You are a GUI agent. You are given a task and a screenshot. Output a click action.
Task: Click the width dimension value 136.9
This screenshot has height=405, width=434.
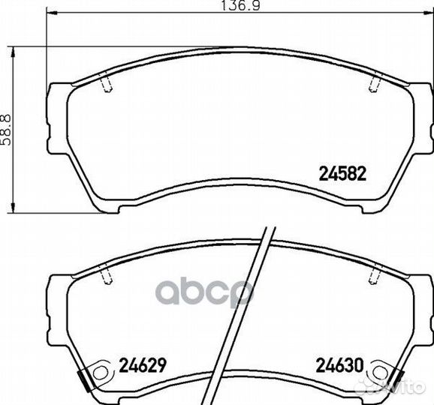coord(241,6)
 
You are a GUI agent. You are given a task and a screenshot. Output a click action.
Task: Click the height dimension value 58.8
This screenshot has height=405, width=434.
coord(6,130)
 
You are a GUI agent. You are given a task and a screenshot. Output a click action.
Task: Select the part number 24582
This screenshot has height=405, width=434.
coord(342,173)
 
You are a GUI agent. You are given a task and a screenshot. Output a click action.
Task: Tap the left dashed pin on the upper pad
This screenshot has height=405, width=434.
coord(106,82)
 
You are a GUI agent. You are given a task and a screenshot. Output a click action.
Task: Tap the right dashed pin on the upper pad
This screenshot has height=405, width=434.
coord(375,82)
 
